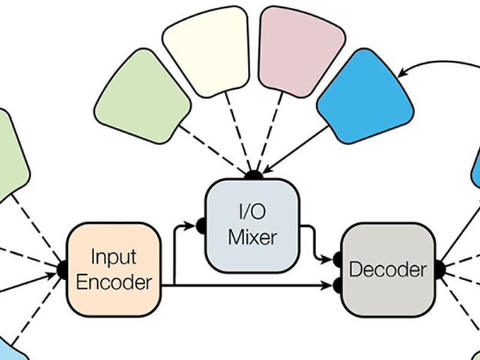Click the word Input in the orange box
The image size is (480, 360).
[113, 257]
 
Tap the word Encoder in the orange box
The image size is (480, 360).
[113, 283]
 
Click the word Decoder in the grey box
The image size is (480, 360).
[388, 269]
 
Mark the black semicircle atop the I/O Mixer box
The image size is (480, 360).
[253, 175]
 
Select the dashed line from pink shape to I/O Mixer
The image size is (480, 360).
[267, 132]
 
